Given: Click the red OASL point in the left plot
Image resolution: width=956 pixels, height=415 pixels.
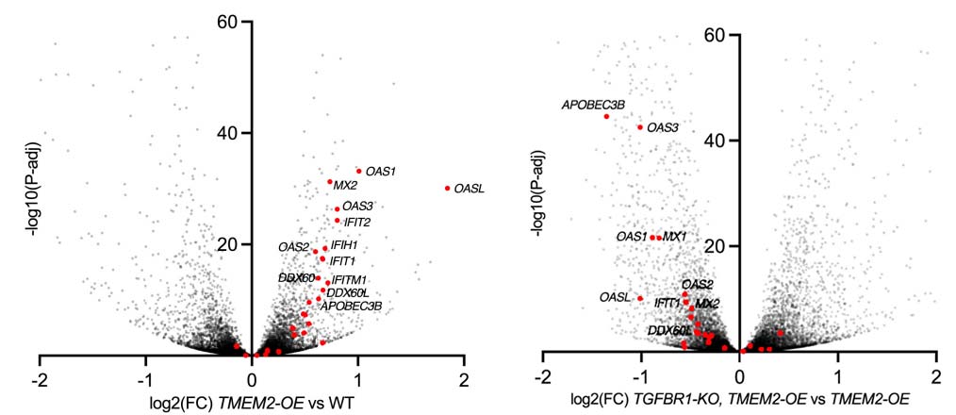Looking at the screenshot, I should pyautogui.click(x=447, y=188).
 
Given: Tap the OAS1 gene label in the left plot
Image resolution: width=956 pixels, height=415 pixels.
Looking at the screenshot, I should pyautogui.click(x=381, y=172).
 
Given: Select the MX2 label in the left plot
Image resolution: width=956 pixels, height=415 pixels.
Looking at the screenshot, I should pyautogui.click(x=345, y=186).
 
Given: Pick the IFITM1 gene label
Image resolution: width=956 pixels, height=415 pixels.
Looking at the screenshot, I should pyautogui.click(x=349, y=280).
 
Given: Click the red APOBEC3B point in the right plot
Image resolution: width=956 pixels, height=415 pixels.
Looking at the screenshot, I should pyautogui.click(x=606, y=116).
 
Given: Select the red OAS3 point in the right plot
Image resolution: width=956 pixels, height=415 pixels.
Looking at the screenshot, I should pyautogui.click(x=640, y=126).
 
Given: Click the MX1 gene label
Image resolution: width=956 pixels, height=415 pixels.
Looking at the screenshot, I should pyautogui.click(x=675, y=236).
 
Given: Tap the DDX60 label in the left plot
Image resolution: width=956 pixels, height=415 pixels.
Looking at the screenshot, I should pyautogui.click(x=296, y=278).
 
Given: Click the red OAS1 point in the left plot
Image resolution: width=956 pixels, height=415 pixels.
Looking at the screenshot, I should pyautogui.click(x=359, y=171).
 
